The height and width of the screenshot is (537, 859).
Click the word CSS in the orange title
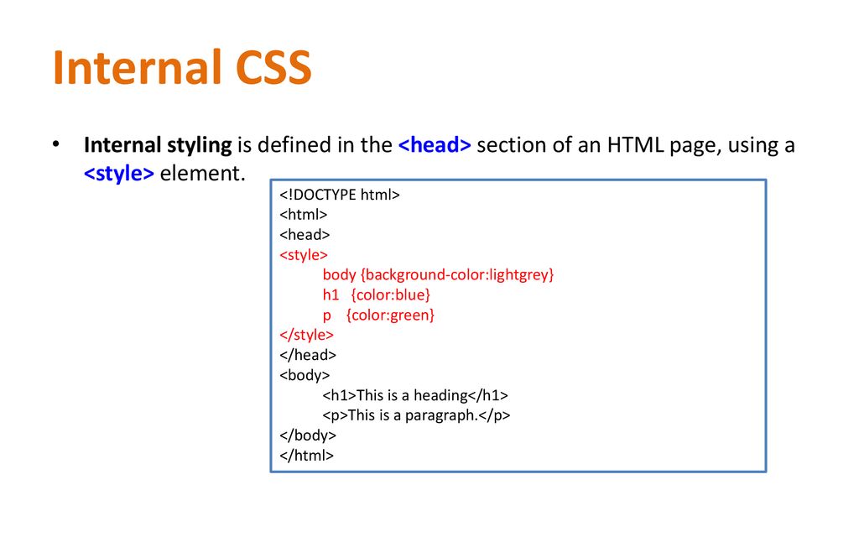tap(273, 67)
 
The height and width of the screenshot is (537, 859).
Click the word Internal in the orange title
tap(137, 67)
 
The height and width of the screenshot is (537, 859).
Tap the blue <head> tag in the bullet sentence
tap(435, 145)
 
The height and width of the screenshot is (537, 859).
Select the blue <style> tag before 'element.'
tap(119, 173)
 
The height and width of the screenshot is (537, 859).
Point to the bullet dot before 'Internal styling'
tap(56, 144)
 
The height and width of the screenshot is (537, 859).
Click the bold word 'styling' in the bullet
tap(200, 146)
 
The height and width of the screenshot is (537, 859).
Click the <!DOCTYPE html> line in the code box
tap(340, 195)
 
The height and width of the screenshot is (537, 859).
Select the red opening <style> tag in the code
tap(304, 255)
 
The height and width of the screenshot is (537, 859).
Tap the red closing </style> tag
tap(306, 335)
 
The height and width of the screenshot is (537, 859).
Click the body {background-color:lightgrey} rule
tap(438, 274)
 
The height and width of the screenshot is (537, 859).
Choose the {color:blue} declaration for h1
tap(391, 295)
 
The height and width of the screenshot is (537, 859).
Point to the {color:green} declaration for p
tap(391, 315)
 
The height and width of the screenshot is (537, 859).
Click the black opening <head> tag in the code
tap(305, 235)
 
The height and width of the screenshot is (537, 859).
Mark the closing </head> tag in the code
tap(307, 355)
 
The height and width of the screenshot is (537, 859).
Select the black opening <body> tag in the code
tap(305, 375)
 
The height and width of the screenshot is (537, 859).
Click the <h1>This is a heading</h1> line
tap(415, 395)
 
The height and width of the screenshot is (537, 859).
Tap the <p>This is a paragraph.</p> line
tap(416, 415)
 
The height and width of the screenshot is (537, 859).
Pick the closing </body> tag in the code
tap(307, 435)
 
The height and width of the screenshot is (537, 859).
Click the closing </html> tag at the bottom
tap(306, 456)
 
